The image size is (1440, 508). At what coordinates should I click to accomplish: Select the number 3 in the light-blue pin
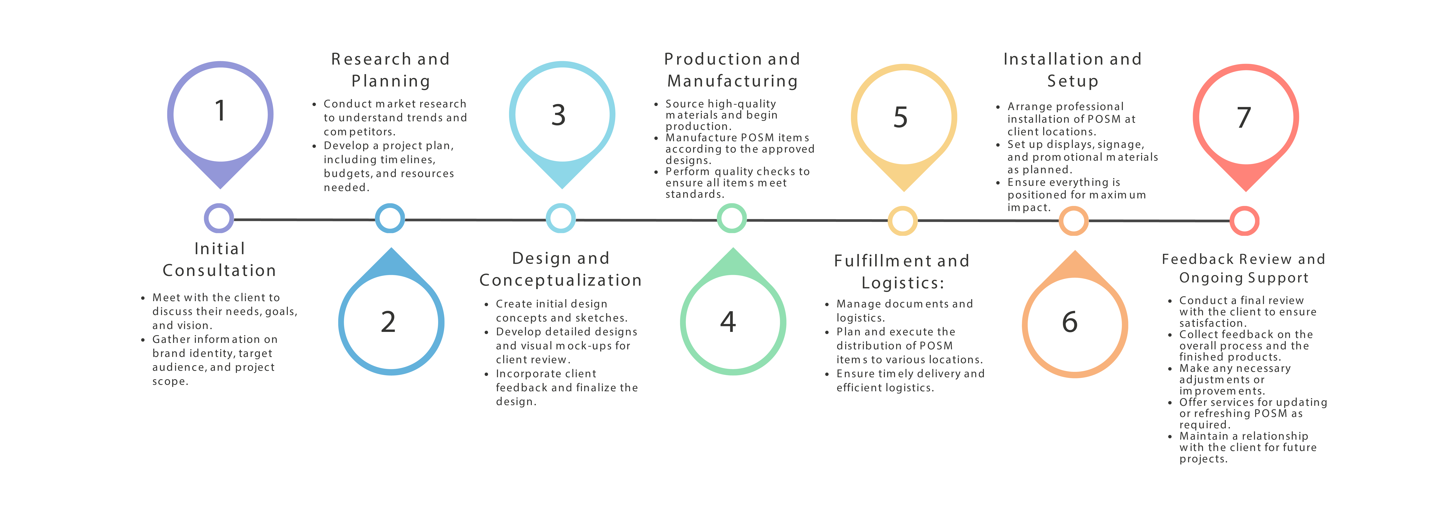click(x=558, y=115)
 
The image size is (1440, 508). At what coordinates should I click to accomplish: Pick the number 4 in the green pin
click(x=728, y=322)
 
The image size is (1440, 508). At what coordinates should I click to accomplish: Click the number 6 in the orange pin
click(x=1069, y=323)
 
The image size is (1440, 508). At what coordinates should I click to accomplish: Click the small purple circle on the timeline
click(x=219, y=218)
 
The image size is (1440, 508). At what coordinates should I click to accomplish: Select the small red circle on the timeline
click(x=1244, y=221)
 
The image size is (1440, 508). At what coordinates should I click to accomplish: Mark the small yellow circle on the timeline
click(x=903, y=221)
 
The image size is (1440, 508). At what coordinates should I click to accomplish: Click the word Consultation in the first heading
click(x=219, y=271)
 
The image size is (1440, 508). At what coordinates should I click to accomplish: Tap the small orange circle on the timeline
click(x=1073, y=221)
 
